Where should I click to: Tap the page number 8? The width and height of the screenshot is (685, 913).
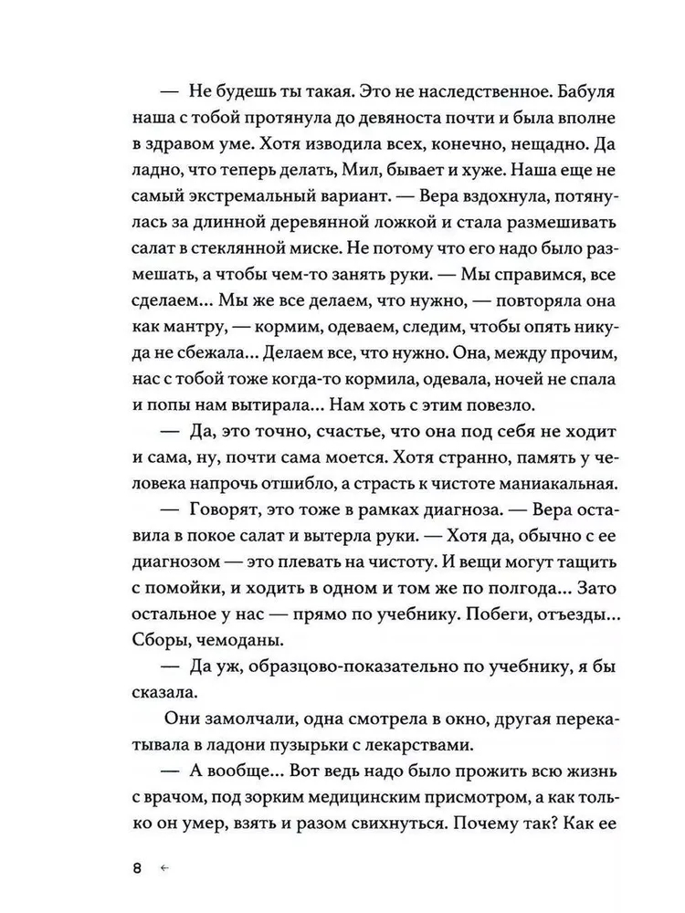point(137,868)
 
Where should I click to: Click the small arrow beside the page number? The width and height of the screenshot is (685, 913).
point(164,868)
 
